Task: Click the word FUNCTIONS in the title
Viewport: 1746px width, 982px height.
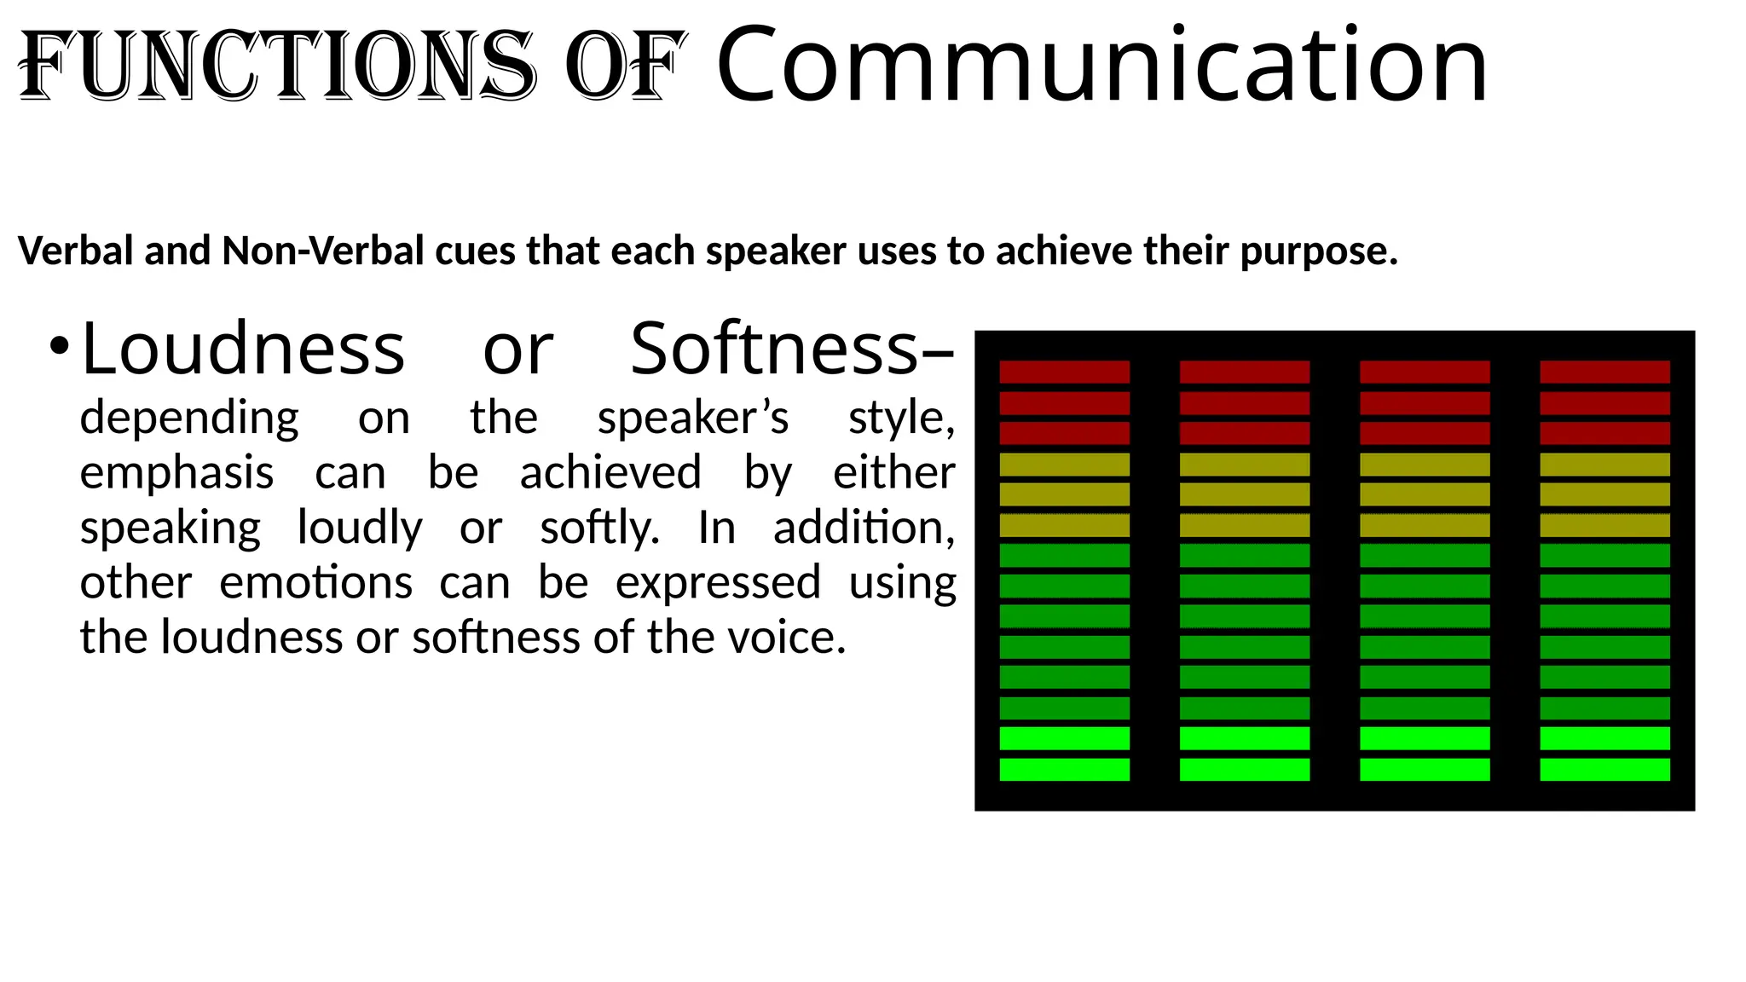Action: coord(277,66)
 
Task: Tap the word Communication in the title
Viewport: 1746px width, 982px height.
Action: coord(1101,66)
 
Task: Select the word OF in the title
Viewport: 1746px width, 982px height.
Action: coord(625,66)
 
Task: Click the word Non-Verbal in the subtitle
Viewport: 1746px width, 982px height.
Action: coord(323,251)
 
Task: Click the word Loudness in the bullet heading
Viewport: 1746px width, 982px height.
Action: coord(243,349)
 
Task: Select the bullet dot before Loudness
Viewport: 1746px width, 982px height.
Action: coord(58,347)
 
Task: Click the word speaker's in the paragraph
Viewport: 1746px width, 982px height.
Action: coord(693,419)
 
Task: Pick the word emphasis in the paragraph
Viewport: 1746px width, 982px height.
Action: coord(176,473)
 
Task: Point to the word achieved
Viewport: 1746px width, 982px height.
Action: coord(610,473)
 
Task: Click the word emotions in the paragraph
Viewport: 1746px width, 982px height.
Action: coord(315,583)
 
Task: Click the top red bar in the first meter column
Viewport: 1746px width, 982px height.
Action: coord(1064,372)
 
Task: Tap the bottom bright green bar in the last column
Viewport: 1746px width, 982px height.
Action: coord(1604,770)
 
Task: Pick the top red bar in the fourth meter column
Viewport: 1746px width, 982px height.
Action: coord(1604,372)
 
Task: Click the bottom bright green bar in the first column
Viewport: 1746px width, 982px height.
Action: coord(1064,770)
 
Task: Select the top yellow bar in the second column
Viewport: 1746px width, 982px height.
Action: coord(1244,465)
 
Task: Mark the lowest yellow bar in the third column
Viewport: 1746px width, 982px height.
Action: coord(1425,525)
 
